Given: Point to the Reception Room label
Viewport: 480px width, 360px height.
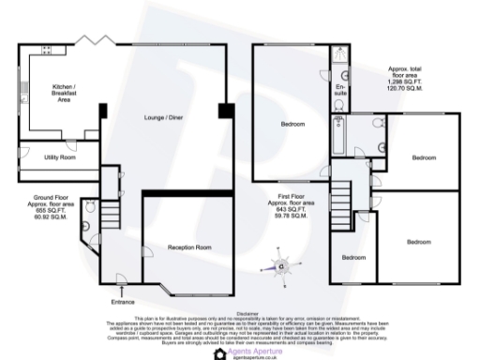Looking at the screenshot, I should [x=188, y=247].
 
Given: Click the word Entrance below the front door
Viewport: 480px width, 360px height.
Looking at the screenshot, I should [x=123, y=302].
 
